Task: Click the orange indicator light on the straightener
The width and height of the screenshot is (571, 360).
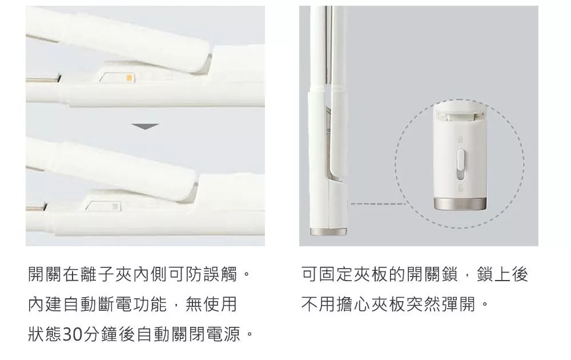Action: [128, 78]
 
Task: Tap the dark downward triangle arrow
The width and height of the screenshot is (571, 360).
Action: [145, 126]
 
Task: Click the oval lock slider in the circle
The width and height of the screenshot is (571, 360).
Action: [461, 165]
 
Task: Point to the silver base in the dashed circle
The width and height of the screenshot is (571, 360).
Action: [460, 203]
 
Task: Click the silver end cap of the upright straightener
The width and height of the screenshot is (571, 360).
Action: [328, 232]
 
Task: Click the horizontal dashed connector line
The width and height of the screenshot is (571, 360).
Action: [377, 203]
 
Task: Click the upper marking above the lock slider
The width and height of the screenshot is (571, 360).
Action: [460, 139]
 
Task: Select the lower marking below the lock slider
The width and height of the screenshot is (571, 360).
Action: [460, 188]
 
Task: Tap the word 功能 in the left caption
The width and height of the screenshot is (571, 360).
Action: [150, 304]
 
